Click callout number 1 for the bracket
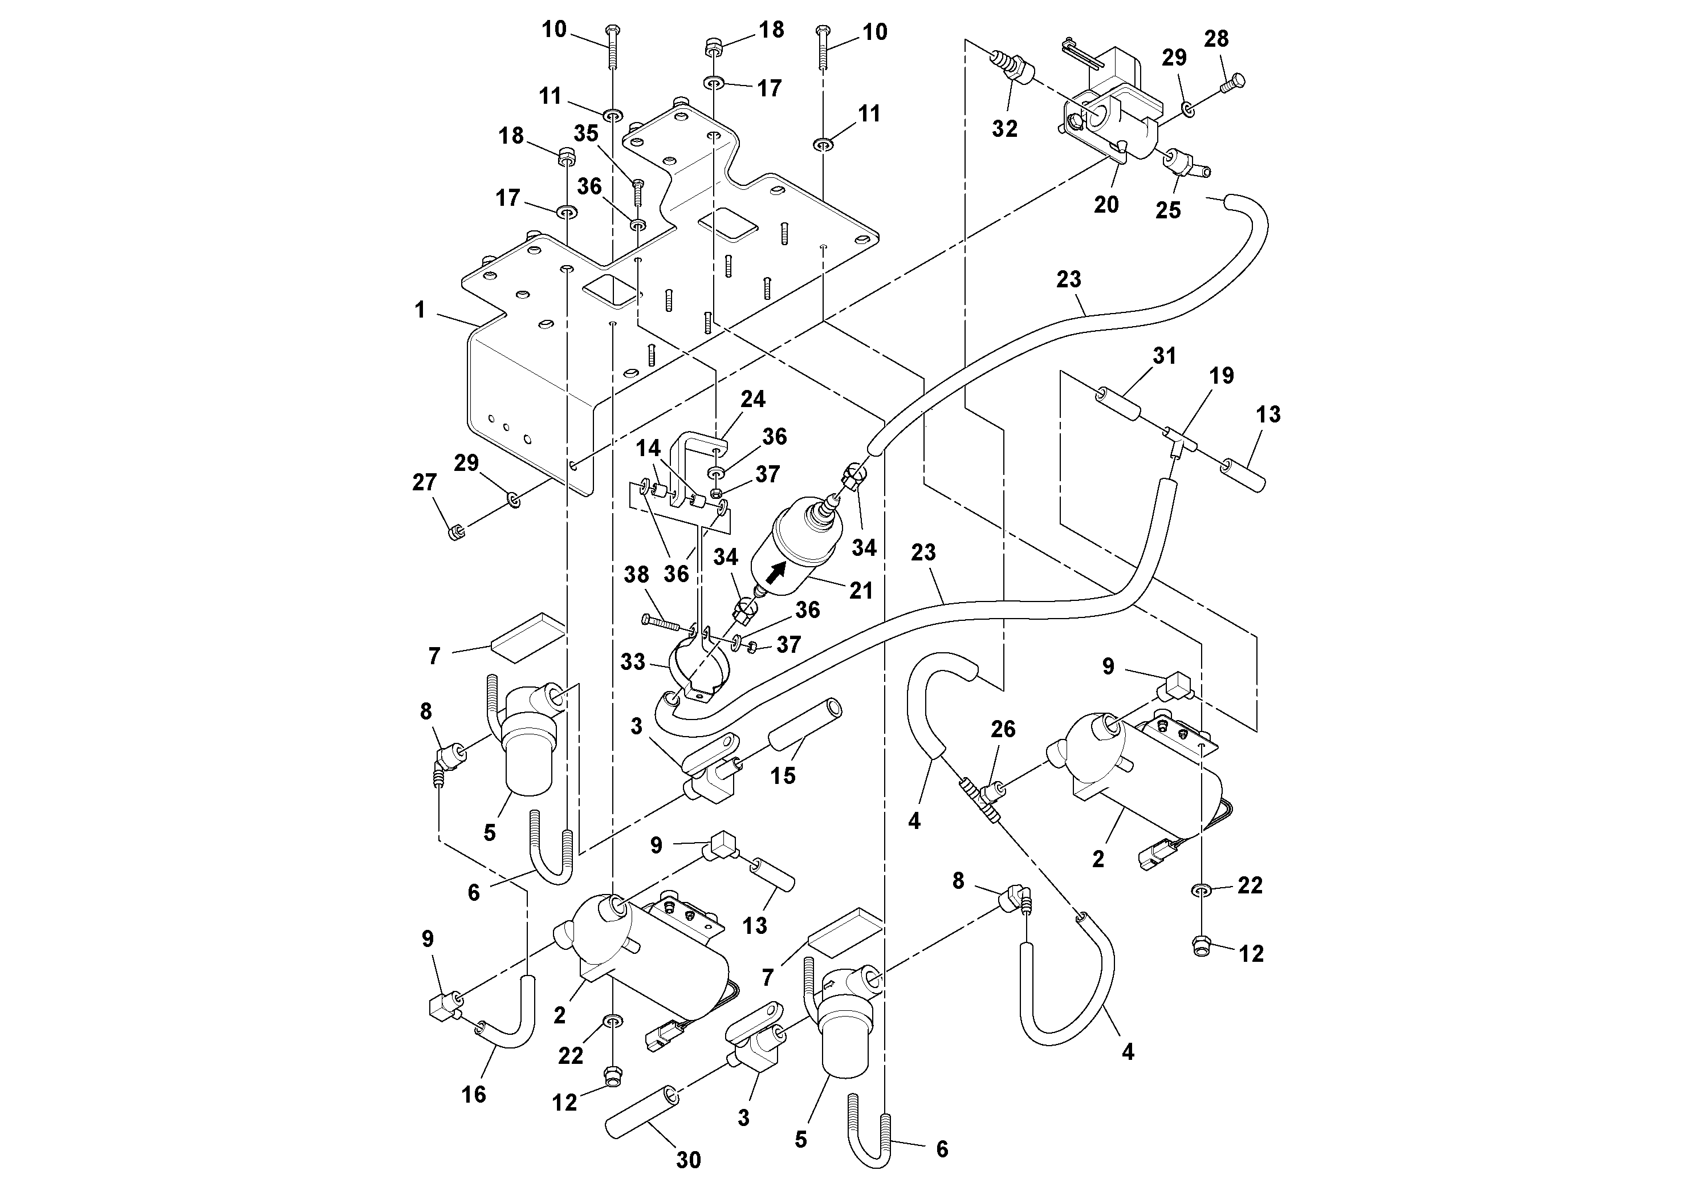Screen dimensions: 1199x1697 [420, 309]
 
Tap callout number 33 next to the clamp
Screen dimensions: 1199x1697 [633, 661]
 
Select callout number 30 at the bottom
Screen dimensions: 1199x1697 [688, 1160]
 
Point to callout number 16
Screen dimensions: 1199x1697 [474, 1094]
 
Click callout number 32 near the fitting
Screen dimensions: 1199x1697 [1004, 129]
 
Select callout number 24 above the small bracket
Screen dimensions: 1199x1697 [753, 399]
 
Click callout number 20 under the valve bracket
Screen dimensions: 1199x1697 [1106, 205]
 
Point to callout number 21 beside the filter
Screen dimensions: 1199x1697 [861, 590]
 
